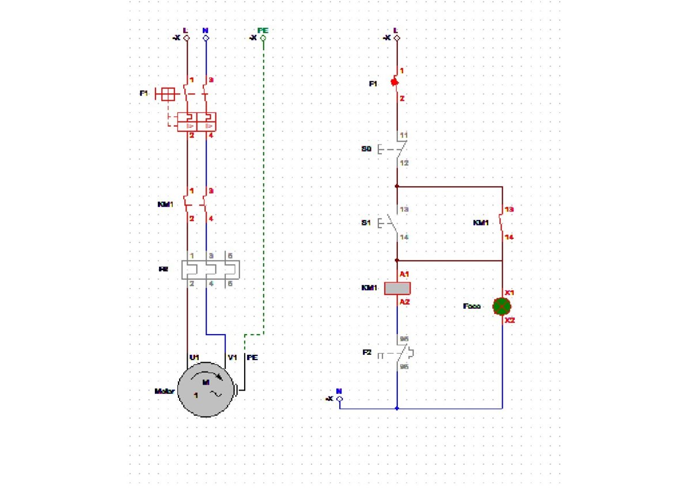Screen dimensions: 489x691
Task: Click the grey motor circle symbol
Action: (x=205, y=390)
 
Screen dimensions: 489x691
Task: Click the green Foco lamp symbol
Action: (x=502, y=306)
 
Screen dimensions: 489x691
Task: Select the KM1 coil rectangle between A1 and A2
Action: (x=397, y=288)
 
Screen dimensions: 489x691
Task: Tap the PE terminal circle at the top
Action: (x=263, y=39)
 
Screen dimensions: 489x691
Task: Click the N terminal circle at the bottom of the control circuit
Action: (x=339, y=399)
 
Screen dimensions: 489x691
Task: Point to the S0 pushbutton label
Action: (x=366, y=149)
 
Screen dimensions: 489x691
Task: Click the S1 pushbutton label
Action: (x=366, y=222)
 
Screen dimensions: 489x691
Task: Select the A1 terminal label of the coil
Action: (x=404, y=274)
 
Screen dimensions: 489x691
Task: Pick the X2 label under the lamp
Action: (x=510, y=320)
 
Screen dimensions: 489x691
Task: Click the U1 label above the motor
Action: (x=195, y=357)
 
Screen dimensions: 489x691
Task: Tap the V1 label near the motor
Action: (x=232, y=357)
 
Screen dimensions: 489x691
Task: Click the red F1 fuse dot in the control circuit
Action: (x=395, y=82)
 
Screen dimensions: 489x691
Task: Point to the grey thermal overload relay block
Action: (x=210, y=270)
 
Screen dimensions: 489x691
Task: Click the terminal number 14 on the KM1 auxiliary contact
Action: (x=508, y=237)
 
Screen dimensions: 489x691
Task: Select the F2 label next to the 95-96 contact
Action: (x=367, y=352)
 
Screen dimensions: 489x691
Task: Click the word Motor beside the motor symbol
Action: (x=164, y=391)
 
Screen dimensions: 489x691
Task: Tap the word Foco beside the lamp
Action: (x=472, y=306)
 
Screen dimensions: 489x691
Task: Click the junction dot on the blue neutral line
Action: (x=397, y=408)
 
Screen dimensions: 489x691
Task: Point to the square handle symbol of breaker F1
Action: (x=168, y=93)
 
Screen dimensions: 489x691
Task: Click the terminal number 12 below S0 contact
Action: (x=404, y=163)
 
